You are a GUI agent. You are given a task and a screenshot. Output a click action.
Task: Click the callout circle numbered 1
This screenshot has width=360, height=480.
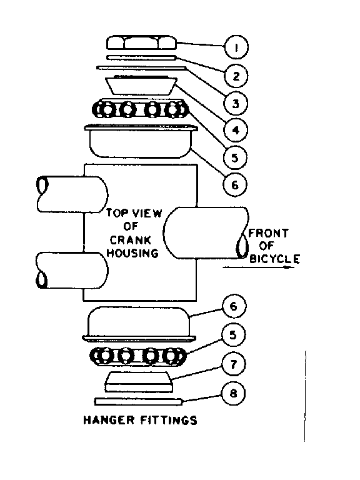(237, 46)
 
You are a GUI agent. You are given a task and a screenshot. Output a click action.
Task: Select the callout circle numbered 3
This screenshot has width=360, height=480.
(237, 102)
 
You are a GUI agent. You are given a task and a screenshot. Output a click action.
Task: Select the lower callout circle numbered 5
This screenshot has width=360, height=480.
(233, 335)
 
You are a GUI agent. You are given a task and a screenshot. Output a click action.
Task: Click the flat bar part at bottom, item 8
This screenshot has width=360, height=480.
(138, 400)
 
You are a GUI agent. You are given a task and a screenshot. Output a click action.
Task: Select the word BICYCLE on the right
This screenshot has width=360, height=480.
(274, 257)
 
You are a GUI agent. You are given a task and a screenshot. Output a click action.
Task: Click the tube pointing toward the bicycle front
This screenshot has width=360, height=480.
(203, 232)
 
